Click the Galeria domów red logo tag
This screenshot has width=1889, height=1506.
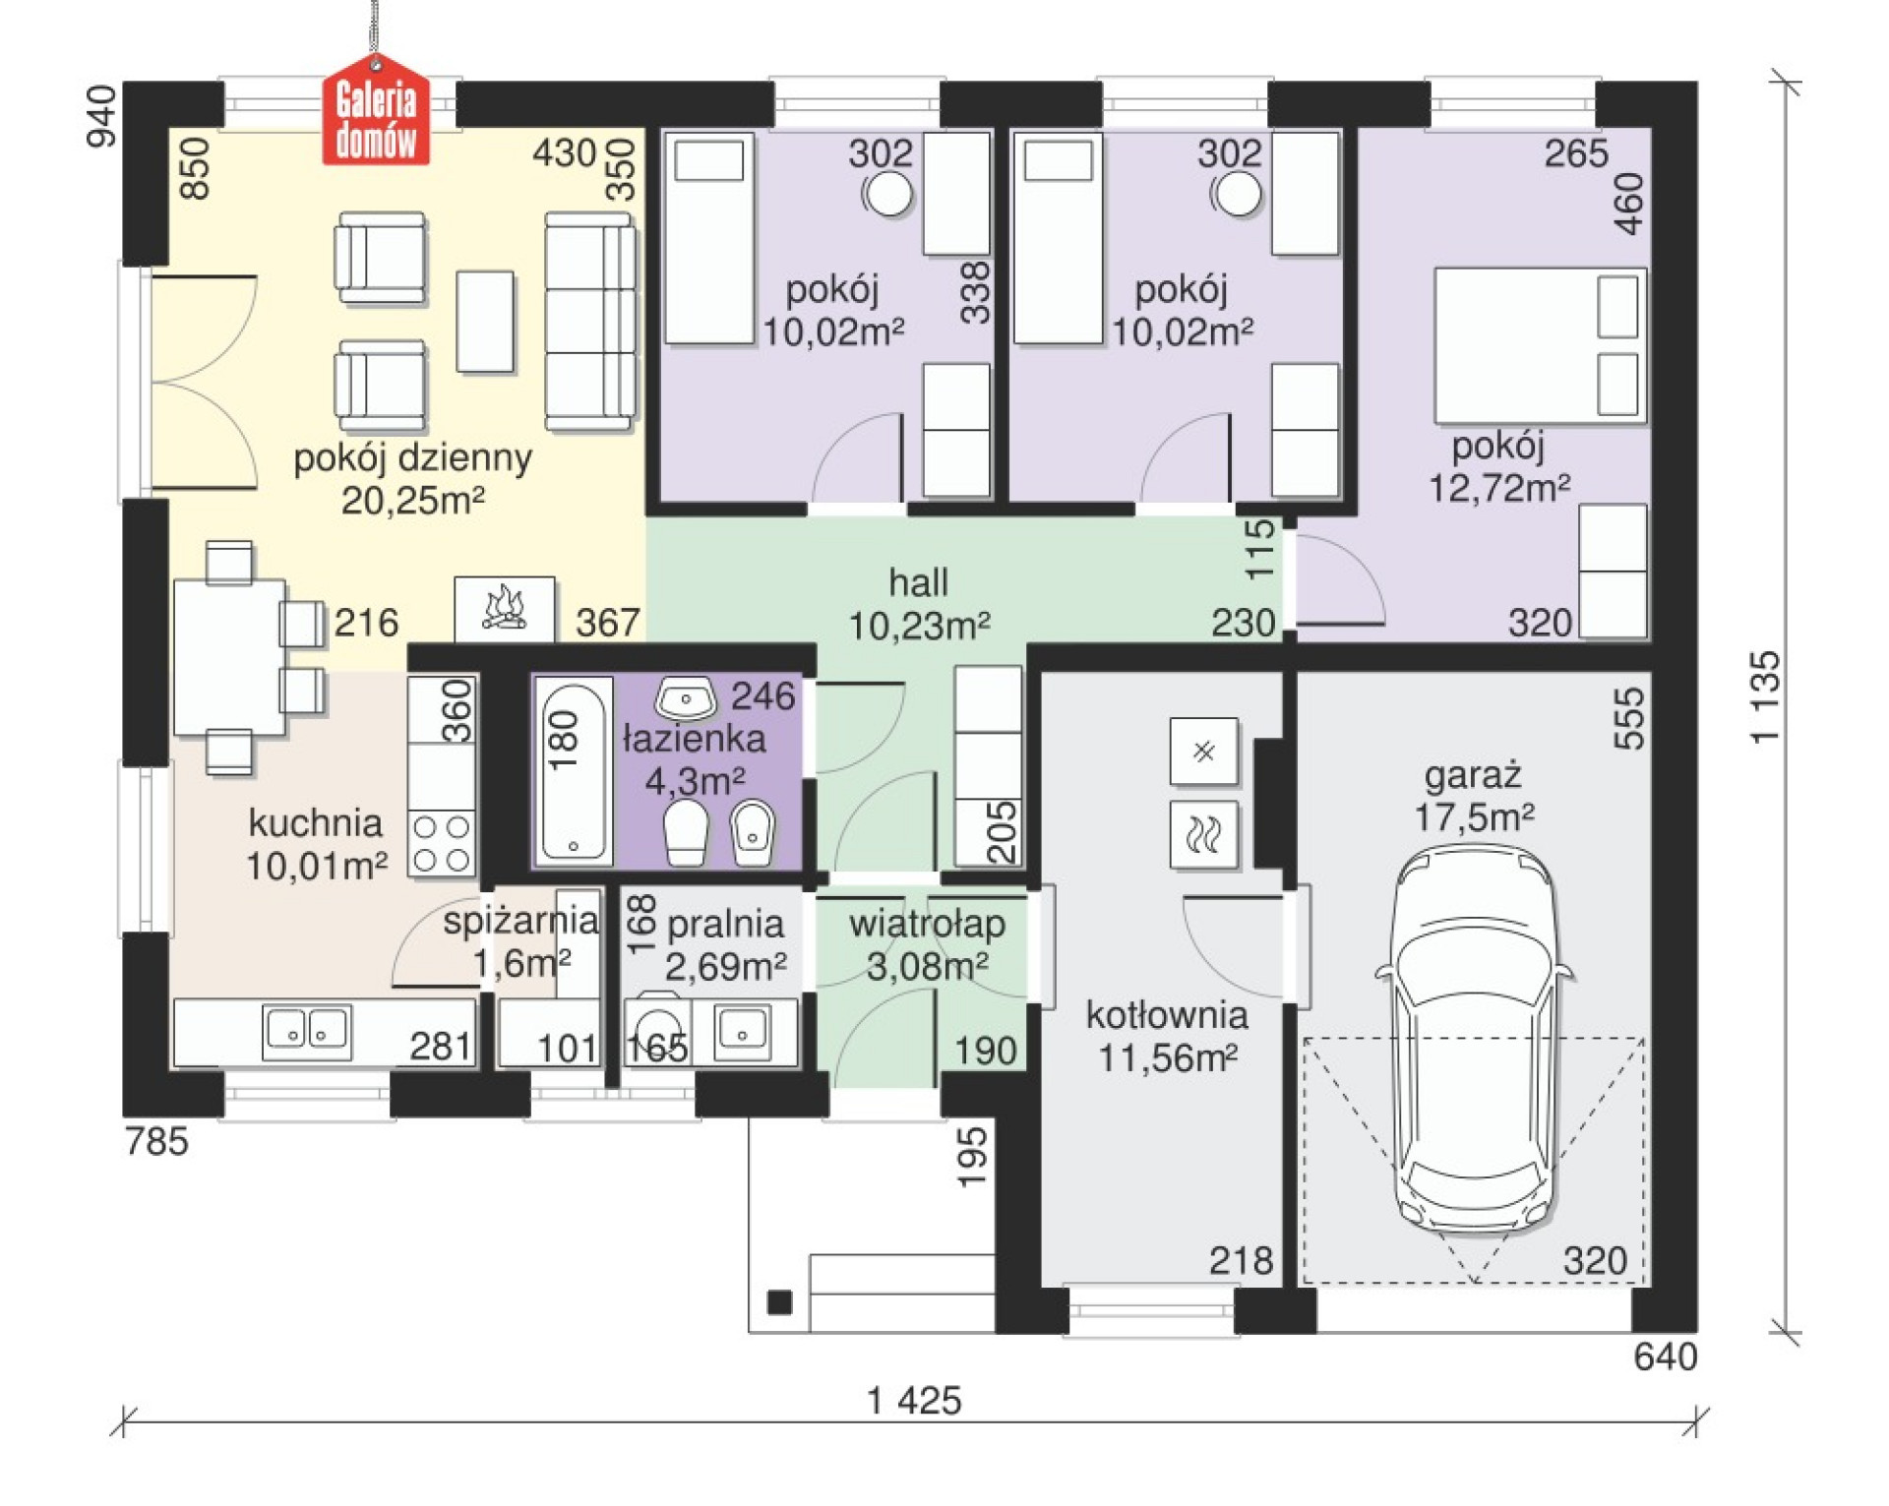pos(376,109)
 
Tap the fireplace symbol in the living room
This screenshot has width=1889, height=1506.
pos(504,608)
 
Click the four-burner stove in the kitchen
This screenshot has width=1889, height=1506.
pos(442,844)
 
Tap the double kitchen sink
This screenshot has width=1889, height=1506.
pos(307,1031)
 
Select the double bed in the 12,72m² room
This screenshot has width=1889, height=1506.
pos(1540,345)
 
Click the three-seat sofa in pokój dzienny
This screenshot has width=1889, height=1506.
pos(589,322)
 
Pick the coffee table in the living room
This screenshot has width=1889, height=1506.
pos(485,322)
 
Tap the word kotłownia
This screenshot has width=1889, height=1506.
pos(1167,1014)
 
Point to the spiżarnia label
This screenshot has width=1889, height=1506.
pos(520,922)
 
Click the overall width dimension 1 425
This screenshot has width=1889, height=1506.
pos(914,1401)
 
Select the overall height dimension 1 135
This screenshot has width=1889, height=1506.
pos(1766,696)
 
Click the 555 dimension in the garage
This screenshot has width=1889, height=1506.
pos(1629,718)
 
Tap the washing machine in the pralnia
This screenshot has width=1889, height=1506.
pos(657,1030)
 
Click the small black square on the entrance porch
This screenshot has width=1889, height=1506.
pos(779,1303)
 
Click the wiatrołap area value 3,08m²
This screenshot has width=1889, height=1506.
pos(927,967)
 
